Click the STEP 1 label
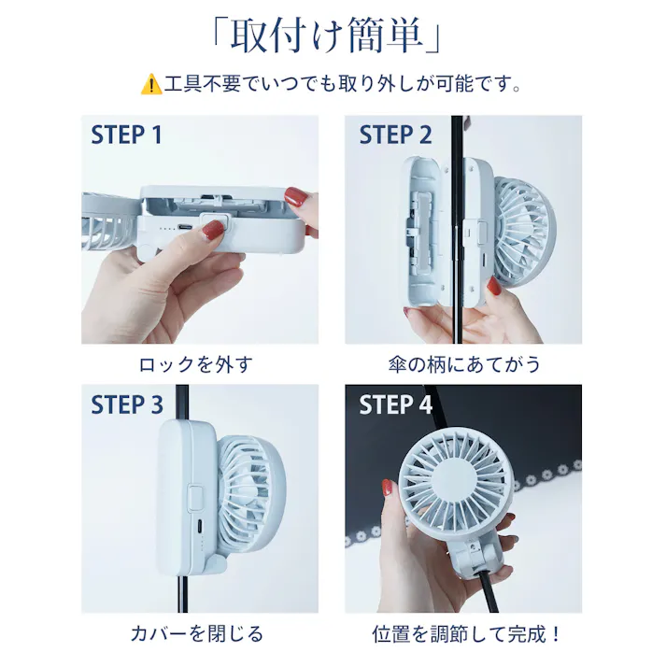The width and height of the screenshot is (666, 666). (126, 135)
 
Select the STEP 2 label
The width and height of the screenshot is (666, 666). (395, 135)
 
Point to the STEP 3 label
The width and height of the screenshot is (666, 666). (126, 404)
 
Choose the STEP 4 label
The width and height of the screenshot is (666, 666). (395, 404)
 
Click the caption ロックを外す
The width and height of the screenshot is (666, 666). (195, 363)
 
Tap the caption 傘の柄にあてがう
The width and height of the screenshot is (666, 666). (464, 363)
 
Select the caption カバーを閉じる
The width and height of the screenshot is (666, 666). (196, 634)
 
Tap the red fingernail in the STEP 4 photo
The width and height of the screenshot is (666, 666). (388, 489)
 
